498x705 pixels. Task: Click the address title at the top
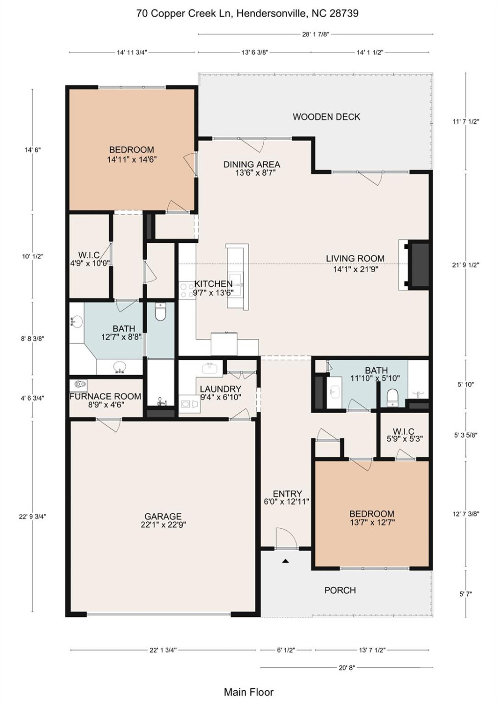247,13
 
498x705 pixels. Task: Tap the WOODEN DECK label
326,117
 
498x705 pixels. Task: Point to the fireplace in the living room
414,265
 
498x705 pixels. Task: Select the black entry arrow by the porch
286,561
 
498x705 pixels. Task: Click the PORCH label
340,590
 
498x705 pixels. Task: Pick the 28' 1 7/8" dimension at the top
316,34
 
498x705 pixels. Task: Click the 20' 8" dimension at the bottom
346,667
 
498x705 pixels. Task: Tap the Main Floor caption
249,692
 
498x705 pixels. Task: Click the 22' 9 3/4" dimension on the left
33,517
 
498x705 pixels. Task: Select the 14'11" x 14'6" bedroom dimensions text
132,159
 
